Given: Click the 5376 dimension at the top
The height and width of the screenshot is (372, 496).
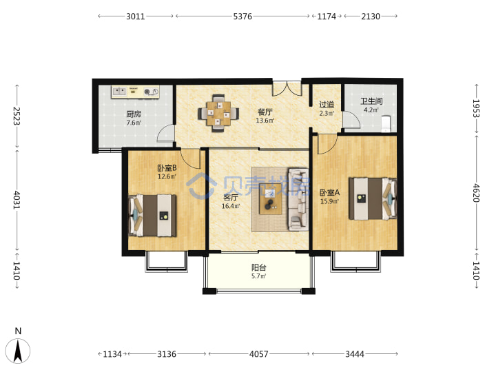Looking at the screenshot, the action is pos(242,16).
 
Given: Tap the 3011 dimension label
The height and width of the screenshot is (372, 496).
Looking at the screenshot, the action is pos(136,16).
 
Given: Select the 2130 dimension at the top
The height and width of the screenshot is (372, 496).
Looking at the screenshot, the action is pos(371,16).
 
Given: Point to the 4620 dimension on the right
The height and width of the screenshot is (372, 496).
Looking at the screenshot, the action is pos(476,193).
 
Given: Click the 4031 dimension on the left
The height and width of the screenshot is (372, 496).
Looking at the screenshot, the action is pos(17,200).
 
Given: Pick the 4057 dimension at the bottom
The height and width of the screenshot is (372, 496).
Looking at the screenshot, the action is pos(259,354).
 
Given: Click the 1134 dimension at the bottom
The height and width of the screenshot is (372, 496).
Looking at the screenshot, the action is pos(112,354).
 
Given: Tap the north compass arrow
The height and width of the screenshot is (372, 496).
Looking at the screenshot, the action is pos(18,351).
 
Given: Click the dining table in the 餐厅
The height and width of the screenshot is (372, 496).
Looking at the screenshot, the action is pos(218,113).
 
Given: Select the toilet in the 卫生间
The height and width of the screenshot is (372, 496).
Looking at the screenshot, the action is pos(386,124).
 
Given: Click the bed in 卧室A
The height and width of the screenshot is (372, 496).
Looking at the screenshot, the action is pos(373,198).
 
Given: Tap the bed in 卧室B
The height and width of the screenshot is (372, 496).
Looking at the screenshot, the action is pos(152,216).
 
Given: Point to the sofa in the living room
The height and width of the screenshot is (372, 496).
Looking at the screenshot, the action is pos(298,199).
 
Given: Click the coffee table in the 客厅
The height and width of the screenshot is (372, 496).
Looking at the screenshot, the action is pos(271,203).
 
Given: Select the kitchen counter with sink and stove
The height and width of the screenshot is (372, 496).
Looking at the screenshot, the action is pos(135,92).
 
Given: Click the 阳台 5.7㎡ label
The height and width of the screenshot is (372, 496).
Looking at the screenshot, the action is pos(259,271).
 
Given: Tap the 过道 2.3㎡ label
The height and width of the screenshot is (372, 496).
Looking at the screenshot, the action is pos(327,108).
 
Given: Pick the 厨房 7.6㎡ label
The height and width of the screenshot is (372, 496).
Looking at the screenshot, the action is pos(134,118).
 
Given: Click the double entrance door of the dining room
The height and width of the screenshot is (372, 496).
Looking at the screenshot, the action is pos(287,89).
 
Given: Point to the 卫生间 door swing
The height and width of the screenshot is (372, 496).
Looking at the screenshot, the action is pos(352,119).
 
